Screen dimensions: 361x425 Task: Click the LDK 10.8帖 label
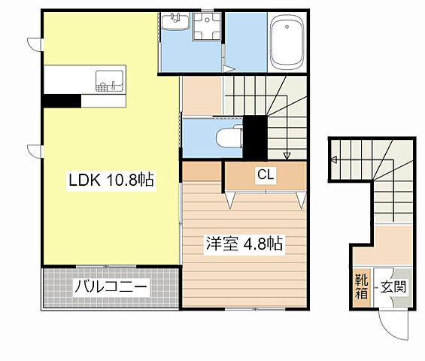[x=111, y=180]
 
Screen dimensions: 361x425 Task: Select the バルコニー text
[x=111, y=287]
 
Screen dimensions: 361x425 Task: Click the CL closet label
[x=266, y=174]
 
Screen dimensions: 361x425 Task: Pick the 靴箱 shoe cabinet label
[x=361, y=286]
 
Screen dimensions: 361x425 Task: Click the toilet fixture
[x=227, y=137]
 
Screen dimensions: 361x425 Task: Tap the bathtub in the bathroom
[x=286, y=41]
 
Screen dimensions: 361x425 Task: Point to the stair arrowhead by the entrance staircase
[x=334, y=159]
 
